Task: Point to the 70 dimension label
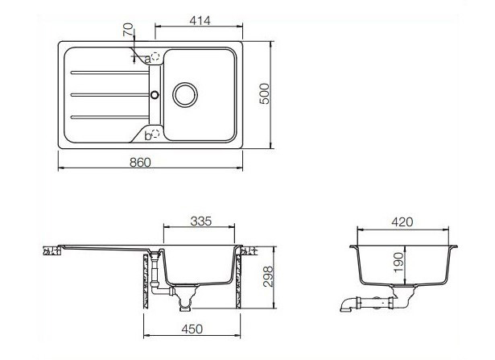[x=127, y=35]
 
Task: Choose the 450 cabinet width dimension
[x=191, y=328]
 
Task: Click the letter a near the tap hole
[x=147, y=58]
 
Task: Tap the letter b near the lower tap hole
[x=147, y=136]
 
